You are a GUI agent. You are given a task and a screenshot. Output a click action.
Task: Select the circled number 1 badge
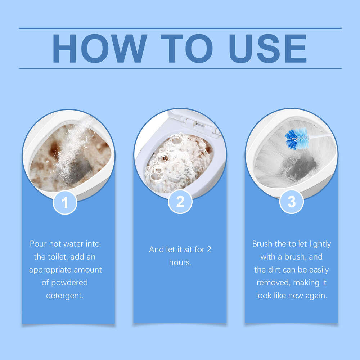pos(65,203)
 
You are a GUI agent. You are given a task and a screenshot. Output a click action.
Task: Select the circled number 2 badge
pos(180,202)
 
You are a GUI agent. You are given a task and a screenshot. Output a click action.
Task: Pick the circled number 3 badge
pos(291,202)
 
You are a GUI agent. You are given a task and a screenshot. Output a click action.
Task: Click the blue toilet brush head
pos(296,138)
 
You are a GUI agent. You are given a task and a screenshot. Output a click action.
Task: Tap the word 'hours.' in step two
pos(180,262)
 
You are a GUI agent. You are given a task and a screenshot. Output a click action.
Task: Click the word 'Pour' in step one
pos(39,244)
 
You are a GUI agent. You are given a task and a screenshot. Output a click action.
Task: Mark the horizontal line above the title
pos(180,28)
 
